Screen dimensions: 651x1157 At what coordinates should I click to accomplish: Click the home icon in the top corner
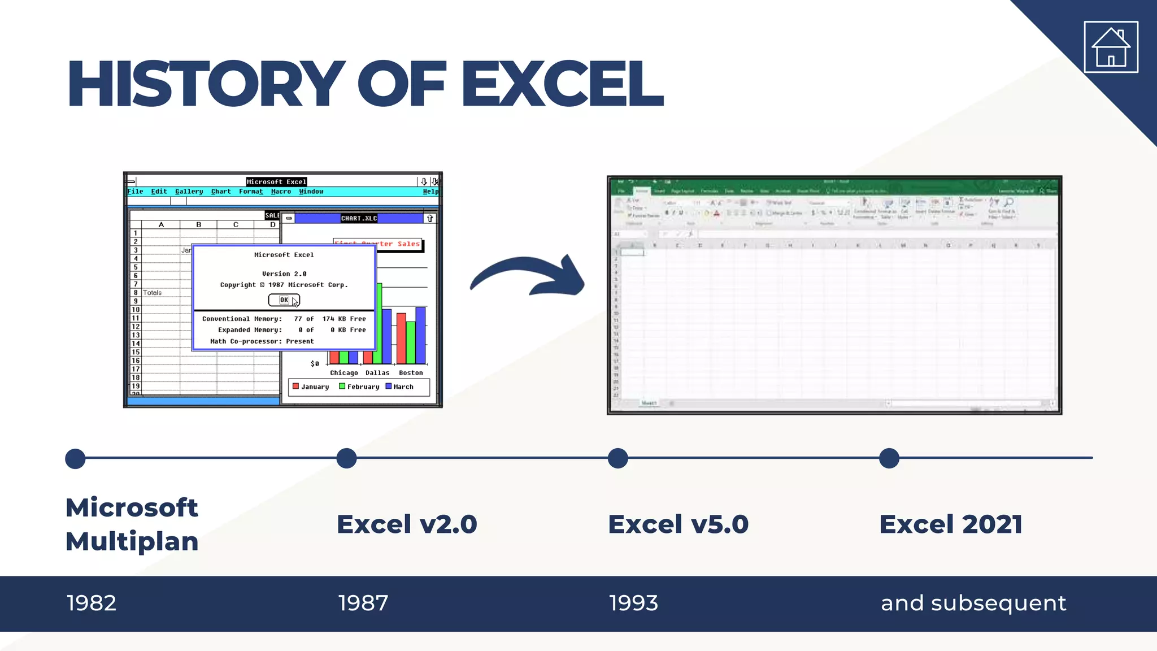point(1111,47)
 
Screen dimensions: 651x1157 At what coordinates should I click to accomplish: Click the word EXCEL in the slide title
point(562,84)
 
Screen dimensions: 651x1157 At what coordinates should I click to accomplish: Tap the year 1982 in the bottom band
point(92,603)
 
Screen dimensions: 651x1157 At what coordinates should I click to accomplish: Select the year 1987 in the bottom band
point(363,603)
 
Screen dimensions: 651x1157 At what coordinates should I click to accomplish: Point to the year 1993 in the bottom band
point(633,603)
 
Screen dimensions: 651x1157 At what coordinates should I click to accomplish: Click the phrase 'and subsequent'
point(973,603)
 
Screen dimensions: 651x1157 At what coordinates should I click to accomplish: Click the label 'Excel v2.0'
point(407,524)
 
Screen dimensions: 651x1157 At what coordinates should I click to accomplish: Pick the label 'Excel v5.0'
point(678,524)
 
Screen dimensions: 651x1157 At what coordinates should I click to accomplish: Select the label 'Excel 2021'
point(951,524)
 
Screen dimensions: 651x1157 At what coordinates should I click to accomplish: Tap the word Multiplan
point(132,541)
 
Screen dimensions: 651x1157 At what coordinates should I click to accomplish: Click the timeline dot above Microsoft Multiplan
point(75,458)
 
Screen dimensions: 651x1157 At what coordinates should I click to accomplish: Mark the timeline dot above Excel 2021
point(889,458)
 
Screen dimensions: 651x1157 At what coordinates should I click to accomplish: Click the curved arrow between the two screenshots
point(528,277)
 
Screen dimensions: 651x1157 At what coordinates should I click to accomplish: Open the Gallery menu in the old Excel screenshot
point(189,192)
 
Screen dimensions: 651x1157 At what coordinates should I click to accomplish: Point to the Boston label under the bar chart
point(411,373)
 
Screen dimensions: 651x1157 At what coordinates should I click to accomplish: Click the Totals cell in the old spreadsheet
point(152,293)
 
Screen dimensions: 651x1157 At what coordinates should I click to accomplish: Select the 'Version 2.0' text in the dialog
point(284,274)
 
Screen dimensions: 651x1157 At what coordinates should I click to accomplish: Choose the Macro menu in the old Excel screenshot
point(281,192)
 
